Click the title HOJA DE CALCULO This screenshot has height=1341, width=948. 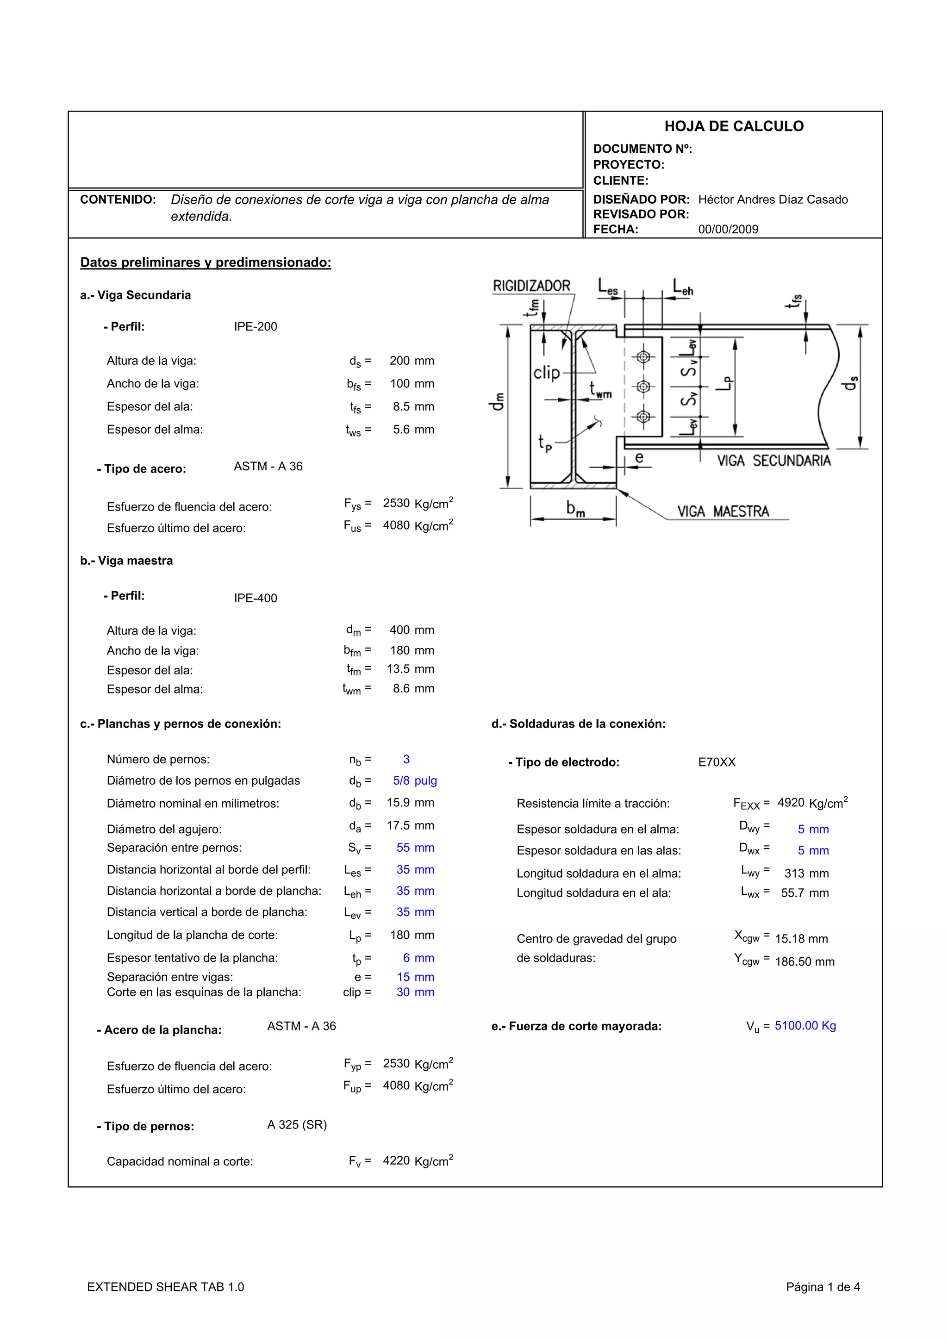(x=734, y=126)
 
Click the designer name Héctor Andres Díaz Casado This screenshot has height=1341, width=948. (x=773, y=200)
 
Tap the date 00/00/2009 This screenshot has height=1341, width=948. (x=728, y=230)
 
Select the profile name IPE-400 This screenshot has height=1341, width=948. (x=255, y=598)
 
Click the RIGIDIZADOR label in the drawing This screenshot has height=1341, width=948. (x=531, y=286)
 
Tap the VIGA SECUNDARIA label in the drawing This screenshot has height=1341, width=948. (x=773, y=461)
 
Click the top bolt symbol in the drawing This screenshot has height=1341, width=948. (x=643, y=356)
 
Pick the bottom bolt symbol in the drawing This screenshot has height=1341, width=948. (x=643, y=417)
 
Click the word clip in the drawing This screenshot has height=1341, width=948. (x=546, y=372)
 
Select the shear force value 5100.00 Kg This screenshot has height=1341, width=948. (x=805, y=1026)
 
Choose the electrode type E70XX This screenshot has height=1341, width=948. (x=717, y=762)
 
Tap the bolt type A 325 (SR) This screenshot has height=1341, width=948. (x=297, y=1125)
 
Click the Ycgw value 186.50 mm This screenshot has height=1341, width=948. (x=805, y=962)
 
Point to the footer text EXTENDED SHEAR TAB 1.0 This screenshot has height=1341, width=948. (x=165, y=1287)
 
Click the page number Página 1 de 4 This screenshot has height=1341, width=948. (x=823, y=1287)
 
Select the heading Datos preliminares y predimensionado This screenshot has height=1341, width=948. (x=206, y=262)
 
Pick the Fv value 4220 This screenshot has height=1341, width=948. (x=396, y=1160)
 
